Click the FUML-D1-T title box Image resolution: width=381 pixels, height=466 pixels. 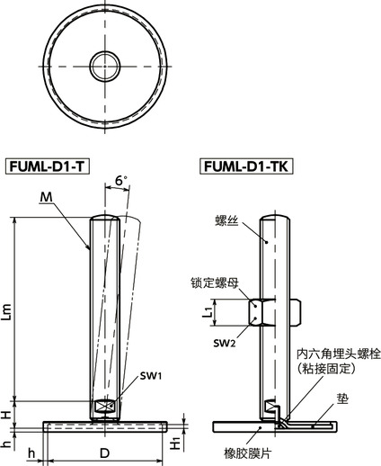[x=49, y=167]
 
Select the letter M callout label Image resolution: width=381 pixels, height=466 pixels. [x=46, y=197]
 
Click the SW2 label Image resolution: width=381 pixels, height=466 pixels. [x=225, y=343]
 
